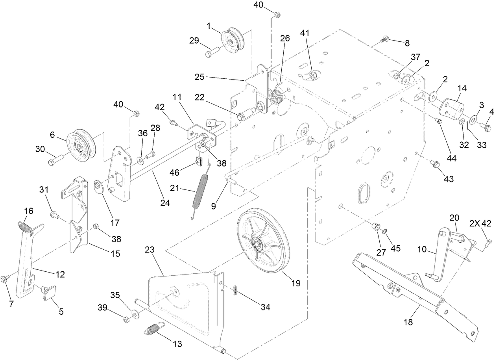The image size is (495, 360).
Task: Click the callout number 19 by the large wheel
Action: tap(296, 283)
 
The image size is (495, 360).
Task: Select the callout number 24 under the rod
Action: tap(165, 203)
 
